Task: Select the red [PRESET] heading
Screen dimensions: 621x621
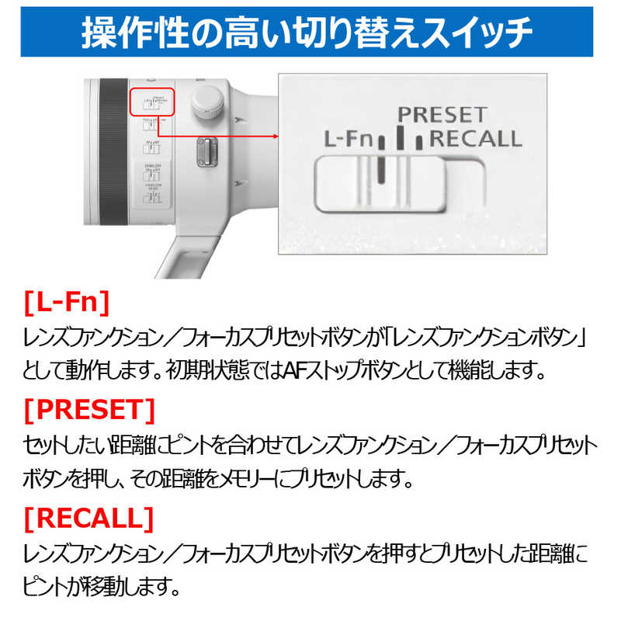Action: click(x=90, y=409)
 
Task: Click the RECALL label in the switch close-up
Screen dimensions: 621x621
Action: click(x=476, y=140)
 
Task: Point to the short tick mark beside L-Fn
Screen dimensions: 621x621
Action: click(x=382, y=143)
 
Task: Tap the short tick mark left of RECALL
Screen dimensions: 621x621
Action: click(x=419, y=142)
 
